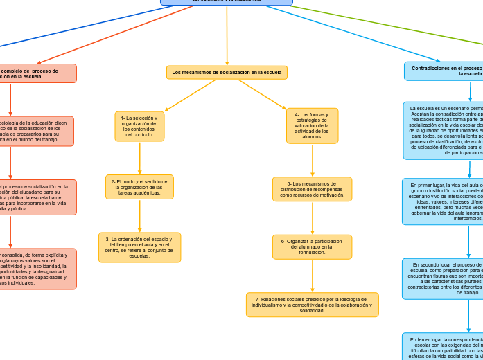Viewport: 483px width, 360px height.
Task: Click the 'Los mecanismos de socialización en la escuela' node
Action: coord(227,72)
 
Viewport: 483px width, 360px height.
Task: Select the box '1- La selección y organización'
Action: coord(139,127)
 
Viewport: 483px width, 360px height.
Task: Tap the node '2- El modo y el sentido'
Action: coord(139,187)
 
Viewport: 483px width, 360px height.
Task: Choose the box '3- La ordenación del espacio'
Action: coord(139,247)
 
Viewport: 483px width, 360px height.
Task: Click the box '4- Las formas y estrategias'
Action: coord(312,126)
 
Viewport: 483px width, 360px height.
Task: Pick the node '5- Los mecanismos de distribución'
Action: coord(312,189)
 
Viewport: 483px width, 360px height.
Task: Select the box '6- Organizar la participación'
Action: coord(312,246)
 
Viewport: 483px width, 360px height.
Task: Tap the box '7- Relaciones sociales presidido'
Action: coord(312,305)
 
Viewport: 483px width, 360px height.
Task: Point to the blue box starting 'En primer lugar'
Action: coord(444,201)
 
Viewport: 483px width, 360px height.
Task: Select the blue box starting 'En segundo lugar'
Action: coord(444,278)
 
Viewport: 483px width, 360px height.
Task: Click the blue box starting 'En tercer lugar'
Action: coord(444,346)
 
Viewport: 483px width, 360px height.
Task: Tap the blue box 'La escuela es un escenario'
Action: coord(444,130)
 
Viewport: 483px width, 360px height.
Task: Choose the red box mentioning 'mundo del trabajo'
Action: coord(35,131)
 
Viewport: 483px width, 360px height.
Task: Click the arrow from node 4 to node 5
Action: coord(313,161)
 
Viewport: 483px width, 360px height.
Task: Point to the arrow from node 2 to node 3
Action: coord(139,216)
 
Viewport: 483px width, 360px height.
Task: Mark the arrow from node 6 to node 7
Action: coord(313,276)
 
